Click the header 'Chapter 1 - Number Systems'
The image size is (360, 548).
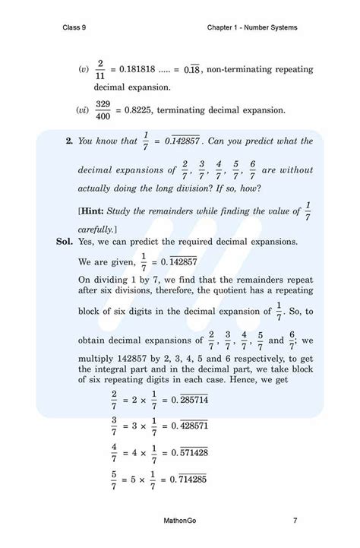(251, 28)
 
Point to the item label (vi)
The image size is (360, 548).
(83, 110)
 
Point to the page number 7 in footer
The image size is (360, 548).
(295, 521)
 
